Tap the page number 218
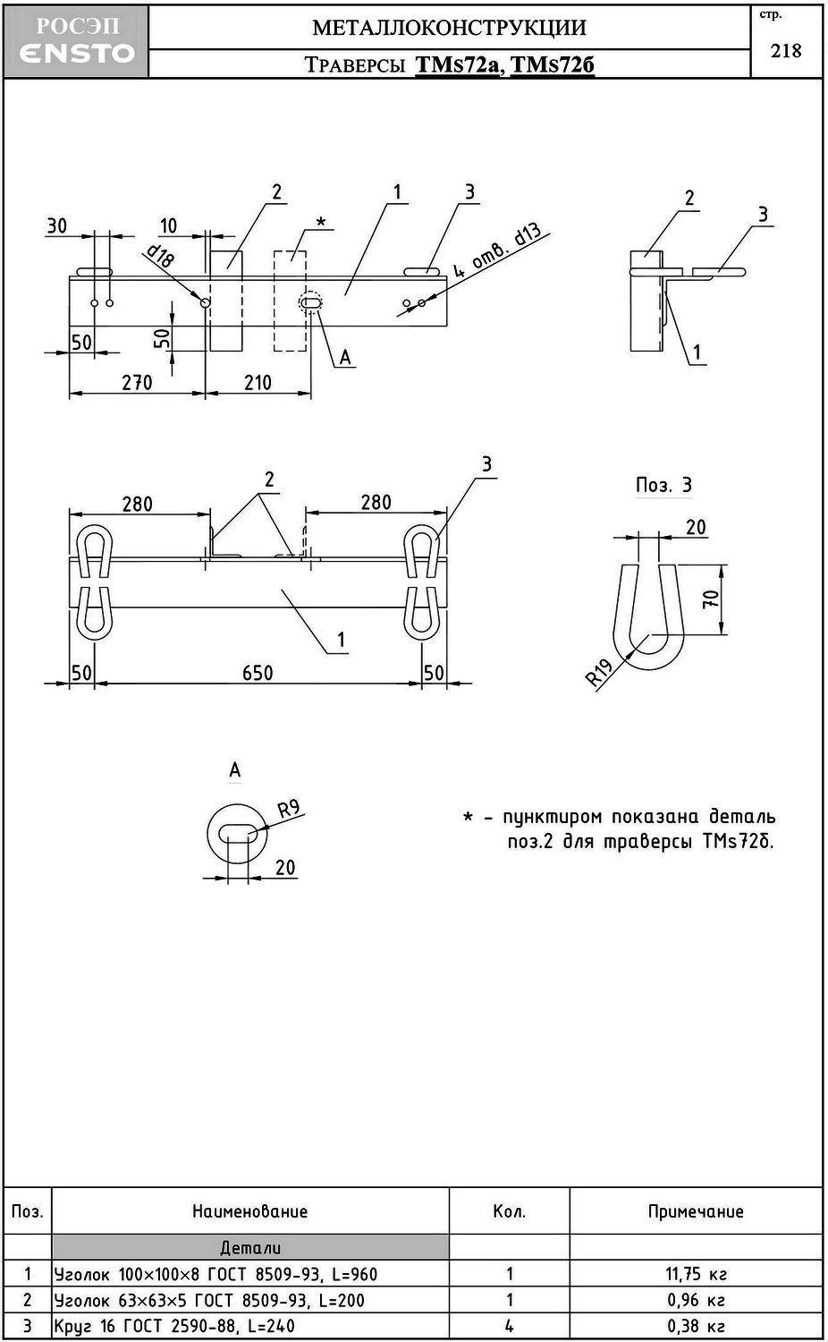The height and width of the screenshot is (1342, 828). pyautogui.click(x=786, y=50)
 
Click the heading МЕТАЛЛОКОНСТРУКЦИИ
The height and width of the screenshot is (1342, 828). pyautogui.click(x=449, y=28)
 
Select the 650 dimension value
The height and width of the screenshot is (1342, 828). pyautogui.click(x=258, y=673)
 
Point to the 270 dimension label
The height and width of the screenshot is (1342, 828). pyautogui.click(x=137, y=382)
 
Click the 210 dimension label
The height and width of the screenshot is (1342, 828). pyautogui.click(x=258, y=382)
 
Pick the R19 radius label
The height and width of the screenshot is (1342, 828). pyautogui.click(x=598, y=672)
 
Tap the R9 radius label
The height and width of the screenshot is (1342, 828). pyautogui.click(x=289, y=810)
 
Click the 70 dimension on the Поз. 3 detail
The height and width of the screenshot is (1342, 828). pyautogui.click(x=712, y=599)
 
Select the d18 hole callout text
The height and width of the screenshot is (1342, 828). pyautogui.click(x=160, y=257)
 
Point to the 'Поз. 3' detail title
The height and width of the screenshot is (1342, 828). pyautogui.click(x=663, y=485)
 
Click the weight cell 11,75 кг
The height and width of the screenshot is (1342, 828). pyautogui.click(x=696, y=1274)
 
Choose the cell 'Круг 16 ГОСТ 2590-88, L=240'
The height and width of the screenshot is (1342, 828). pyautogui.click(x=174, y=1326)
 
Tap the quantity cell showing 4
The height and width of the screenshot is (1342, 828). pyautogui.click(x=509, y=1326)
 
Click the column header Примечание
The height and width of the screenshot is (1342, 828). pyautogui.click(x=696, y=1211)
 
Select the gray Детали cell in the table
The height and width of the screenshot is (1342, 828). pyautogui.click(x=250, y=1247)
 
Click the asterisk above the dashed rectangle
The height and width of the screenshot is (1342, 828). pyautogui.click(x=321, y=221)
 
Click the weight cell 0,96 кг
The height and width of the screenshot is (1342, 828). pyautogui.click(x=696, y=1300)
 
